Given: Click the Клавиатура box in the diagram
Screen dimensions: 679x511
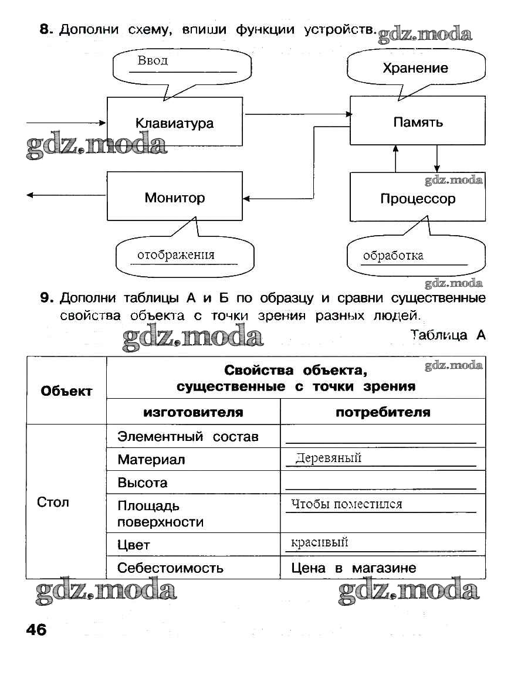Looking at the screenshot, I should pyautogui.click(x=174, y=123).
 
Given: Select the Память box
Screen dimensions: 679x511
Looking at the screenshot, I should pyautogui.click(x=418, y=122).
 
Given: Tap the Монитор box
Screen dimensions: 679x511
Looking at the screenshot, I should pyautogui.click(x=174, y=198).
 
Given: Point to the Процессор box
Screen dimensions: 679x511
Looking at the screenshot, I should pyautogui.click(x=418, y=199).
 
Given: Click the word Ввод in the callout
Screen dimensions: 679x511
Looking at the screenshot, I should pyautogui.click(x=153, y=60).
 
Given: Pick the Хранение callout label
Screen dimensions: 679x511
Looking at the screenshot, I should pyautogui.click(x=415, y=68).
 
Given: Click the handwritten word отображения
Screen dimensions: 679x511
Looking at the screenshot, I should pyautogui.click(x=176, y=254).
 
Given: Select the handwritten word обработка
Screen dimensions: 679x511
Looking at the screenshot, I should pyautogui.click(x=393, y=255).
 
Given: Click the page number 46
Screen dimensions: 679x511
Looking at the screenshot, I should pyautogui.click(x=36, y=630).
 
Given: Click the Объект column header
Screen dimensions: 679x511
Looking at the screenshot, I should pyautogui.click(x=66, y=391).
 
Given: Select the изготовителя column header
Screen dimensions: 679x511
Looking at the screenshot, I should pyautogui.click(x=193, y=412).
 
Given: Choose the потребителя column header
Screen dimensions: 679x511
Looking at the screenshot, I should pyautogui.click(x=383, y=412).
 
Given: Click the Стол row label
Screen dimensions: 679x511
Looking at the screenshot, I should pyautogui.click(x=53, y=502).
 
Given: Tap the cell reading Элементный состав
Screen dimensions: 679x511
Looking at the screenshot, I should pyautogui.click(x=188, y=437).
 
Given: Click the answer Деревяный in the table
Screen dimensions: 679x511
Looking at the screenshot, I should pyautogui.click(x=328, y=458).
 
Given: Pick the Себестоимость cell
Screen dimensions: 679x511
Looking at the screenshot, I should pyautogui.click(x=170, y=568).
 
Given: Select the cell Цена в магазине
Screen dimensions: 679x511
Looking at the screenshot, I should pyautogui.click(x=353, y=568).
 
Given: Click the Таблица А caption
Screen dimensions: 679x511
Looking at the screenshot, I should pyautogui.click(x=448, y=335).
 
